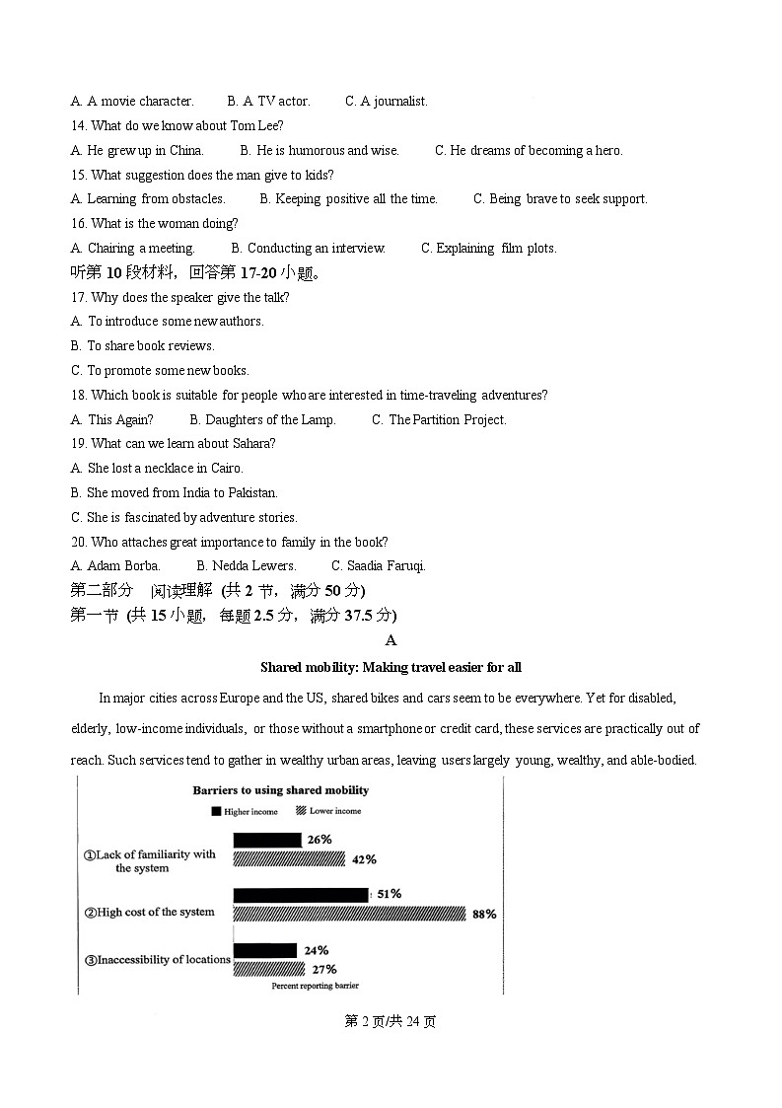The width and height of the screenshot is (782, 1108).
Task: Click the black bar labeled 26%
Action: click(x=266, y=840)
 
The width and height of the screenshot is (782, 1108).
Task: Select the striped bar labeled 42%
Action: click(x=289, y=859)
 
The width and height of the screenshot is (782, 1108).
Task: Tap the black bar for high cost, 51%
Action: click(x=300, y=895)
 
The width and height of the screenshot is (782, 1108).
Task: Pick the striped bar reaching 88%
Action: click(x=349, y=914)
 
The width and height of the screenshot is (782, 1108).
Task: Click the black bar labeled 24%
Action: click(x=264, y=950)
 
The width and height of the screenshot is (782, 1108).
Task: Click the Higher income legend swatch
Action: click(x=214, y=811)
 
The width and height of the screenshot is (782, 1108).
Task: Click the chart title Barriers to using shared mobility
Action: click(x=281, y=790)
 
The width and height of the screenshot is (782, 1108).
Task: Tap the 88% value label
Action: click(x=483, y=915)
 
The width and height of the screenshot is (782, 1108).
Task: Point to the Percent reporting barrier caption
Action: click(x=316, y=986)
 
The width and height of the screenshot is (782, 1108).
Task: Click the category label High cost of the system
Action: click(x=149, y=913)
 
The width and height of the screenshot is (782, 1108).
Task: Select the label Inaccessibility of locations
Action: click(x=158, y=959)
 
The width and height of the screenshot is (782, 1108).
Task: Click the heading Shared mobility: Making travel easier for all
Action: click(x=391, y=668)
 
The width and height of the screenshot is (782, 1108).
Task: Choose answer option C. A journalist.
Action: click(x=387, y=102)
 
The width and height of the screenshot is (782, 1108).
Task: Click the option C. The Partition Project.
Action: click(x=439, y=420)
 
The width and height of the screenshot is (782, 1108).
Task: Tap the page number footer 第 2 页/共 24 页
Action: click(x=391, y=1021)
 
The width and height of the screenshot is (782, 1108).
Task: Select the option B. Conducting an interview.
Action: click(x=308, y=249)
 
